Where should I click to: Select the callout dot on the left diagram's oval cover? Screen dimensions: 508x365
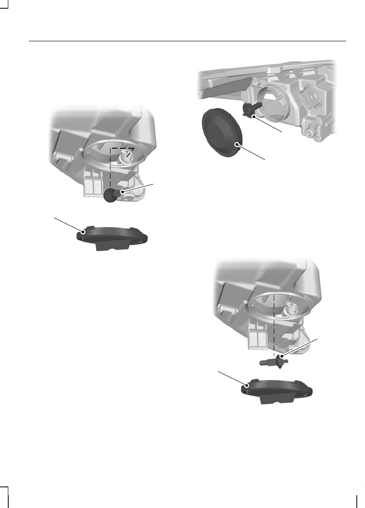(x=83, y=232)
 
